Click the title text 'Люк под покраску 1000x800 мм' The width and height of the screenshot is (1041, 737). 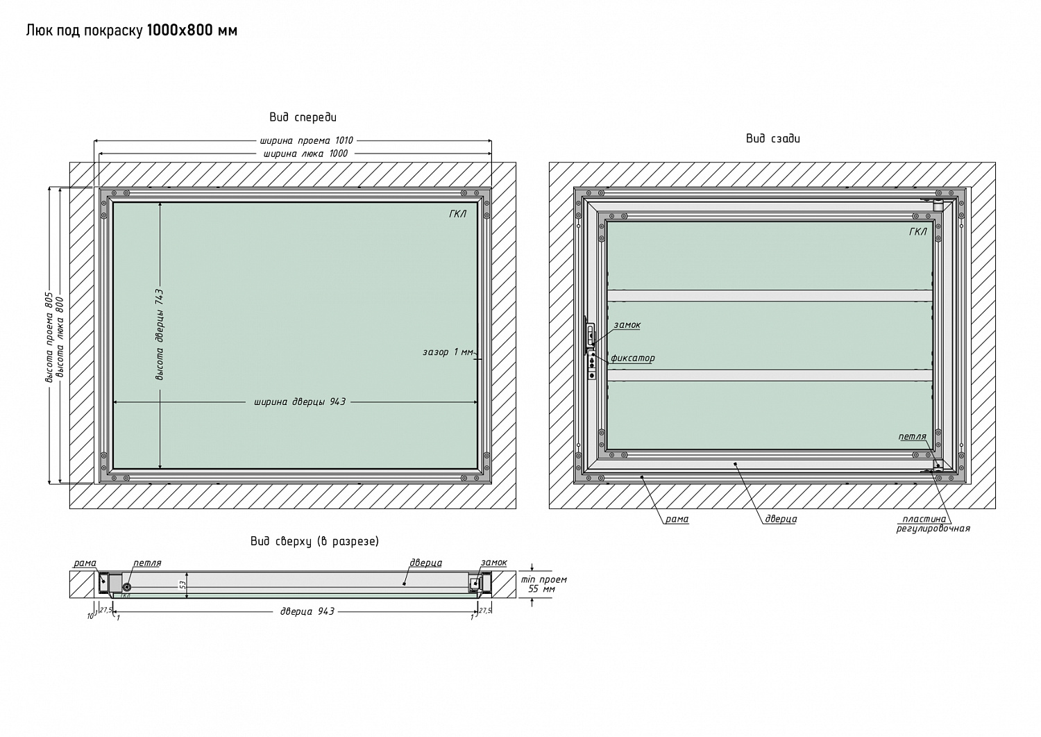pyautogui.click(x=132, y=31)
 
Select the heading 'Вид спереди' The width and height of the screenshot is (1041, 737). pyautogui.click(x=303, y=117)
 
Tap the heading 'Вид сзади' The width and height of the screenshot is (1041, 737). pyautogui.click(x=773, y=138)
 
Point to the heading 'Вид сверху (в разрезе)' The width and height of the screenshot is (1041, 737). pyautogui.click(x=314, y=541)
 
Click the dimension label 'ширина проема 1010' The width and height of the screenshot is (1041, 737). pyautogui.click(x=307, y=140)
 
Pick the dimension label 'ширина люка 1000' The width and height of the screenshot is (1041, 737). pyautogui.click(x=305, y=154)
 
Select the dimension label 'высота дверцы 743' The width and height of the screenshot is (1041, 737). pyautogui.click(x=160, y=335)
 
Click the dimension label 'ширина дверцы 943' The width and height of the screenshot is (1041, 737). pyautogui.click(x=300, y=401)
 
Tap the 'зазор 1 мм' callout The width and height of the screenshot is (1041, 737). pyautogui.click(x=448, y=351)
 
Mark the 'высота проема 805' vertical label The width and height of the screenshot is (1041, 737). pyautogui.click(x=49, y=338)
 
